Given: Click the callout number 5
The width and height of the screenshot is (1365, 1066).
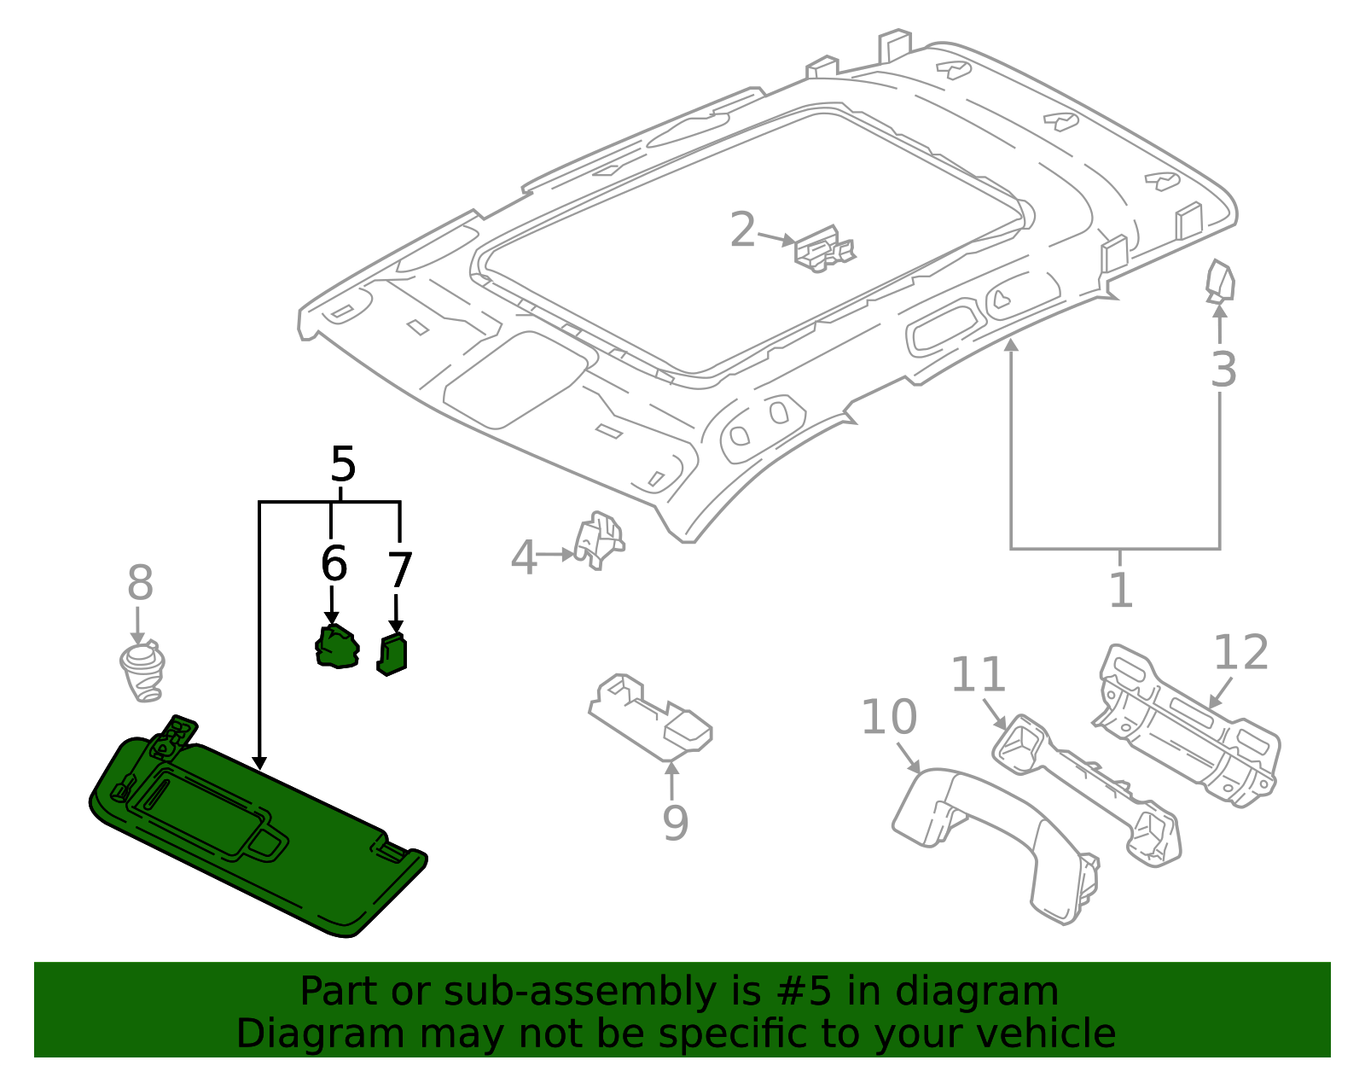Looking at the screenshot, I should tap(342, 466).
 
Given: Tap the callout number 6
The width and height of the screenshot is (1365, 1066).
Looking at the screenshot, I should tap(334, 565).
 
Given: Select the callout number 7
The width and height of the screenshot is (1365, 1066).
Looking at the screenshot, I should tap(399, 571).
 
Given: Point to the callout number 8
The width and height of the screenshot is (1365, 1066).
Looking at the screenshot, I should tap(140, 584).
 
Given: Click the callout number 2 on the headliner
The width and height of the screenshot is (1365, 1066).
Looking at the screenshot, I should tap(743, 230).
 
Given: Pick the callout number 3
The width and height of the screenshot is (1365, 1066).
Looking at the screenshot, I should tap(1223, 370).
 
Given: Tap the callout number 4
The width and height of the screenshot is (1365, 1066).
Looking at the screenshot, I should tap(523, 558).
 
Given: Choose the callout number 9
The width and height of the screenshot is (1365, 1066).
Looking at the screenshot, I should tap(675, 824).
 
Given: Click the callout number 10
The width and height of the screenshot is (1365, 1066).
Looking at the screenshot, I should tap(888, 717).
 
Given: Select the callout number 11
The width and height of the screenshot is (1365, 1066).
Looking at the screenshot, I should tap(978, 674).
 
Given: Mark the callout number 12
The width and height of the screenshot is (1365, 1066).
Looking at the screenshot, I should tap(1240, 653).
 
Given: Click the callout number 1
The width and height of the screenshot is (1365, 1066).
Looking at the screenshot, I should tap(1120, 591).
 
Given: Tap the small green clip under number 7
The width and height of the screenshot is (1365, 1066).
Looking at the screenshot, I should tap(392, 655).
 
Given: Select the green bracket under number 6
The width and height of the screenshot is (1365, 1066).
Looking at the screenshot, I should tap(337, 647).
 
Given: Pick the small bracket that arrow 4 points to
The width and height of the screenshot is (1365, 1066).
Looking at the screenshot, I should tap(599, 539).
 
